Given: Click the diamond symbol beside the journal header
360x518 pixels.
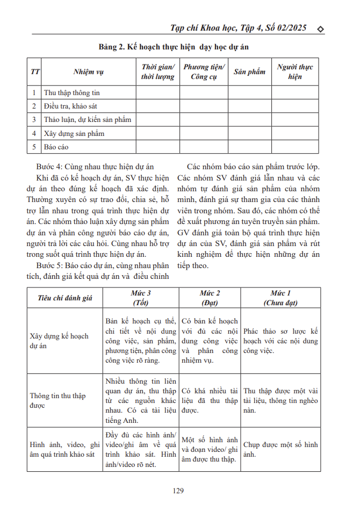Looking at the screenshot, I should coord(321,28).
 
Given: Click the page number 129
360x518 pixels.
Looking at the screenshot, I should coord(179,490).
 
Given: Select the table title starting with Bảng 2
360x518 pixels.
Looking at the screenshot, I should coord(174,47).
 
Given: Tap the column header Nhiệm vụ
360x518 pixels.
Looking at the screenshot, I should coord(89,72).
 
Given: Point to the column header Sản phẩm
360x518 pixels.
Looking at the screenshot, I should coord(249,72).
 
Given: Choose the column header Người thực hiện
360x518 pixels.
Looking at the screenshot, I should coord(295,72).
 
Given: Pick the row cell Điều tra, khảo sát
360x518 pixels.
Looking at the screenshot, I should coord(70,106).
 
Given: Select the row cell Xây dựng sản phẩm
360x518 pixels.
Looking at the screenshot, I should coord(74,133).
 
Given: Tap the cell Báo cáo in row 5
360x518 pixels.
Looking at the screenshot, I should coord(56,147).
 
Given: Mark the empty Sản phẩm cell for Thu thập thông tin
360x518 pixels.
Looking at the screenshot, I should coord(249,93).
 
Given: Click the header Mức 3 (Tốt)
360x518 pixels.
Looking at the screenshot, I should coord(140,298).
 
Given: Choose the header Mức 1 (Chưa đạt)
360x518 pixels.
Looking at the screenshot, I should coord(280,298).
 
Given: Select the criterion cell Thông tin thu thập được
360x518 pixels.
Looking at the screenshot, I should coord(57,400).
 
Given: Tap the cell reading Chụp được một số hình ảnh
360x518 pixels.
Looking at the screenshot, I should coord(280,449).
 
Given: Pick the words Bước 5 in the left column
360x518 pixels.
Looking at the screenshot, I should coord(49,265).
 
